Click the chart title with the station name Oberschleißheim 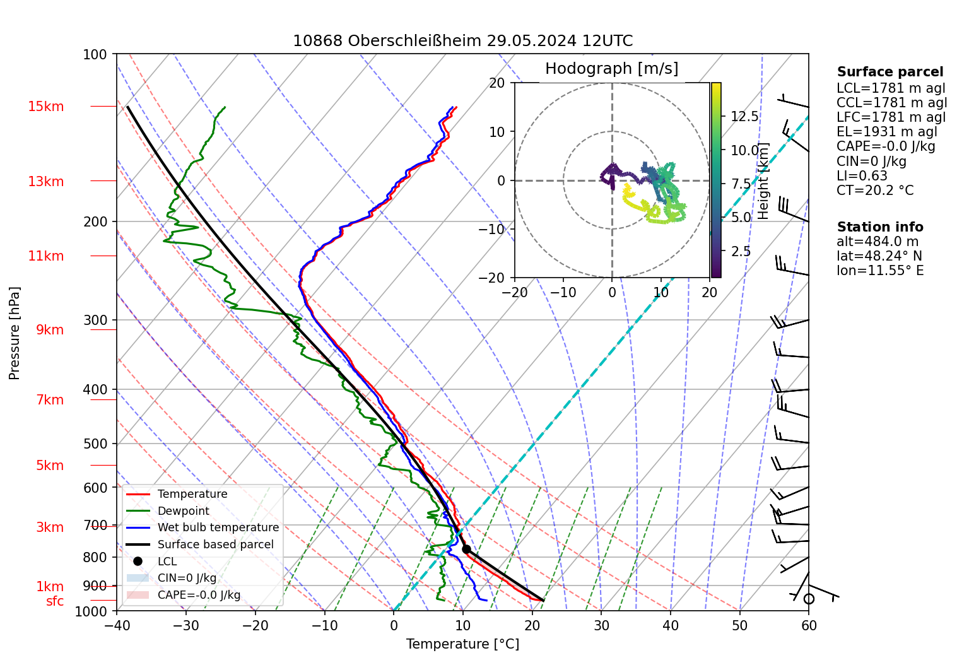[x=462, y=41]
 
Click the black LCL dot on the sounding [x=466, y=549]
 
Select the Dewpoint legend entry [x=183, y=511]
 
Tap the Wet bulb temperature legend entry [x=218, y=527]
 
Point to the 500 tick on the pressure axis [x=96, y=444]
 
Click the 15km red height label [x=46, y=107]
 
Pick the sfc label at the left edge [x=55, y=601]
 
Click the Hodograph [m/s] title [x=611, y=69]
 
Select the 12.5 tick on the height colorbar [x=744, y=117]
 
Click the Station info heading [x=880, y=227]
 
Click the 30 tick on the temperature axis [x=601, y=626]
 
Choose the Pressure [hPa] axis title [x=15, y=333]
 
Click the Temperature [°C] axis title [x=462, y=644]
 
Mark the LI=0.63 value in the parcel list [x=862, y=176]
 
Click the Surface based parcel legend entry [x=215, y=544]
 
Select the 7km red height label [x=50, y=400]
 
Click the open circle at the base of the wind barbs [x=809, y=599]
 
